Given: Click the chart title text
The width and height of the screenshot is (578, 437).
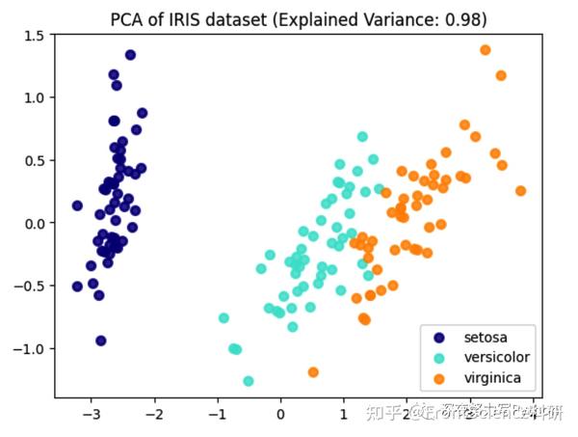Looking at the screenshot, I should click(297, 17).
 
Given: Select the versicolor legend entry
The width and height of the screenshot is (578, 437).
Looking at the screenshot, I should click(496, 357).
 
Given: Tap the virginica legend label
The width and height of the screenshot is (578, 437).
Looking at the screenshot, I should click(492, 375).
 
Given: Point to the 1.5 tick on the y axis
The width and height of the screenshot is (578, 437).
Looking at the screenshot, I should click(34, 36).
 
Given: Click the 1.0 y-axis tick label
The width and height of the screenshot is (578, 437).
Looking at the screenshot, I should click(34, 98).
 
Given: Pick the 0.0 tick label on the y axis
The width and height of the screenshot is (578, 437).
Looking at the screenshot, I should click(34, 224).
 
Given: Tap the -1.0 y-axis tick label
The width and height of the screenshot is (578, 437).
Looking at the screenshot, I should click(30, 349).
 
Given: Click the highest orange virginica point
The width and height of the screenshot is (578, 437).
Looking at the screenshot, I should click(486, 50).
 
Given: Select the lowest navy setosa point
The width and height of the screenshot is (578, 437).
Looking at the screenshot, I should click(100, 341).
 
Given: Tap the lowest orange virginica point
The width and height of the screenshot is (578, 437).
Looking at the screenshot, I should click(313, 371).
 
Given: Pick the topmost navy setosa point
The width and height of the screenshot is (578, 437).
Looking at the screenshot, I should click(130, 55).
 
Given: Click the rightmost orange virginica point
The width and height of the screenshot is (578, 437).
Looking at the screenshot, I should click(520, 191).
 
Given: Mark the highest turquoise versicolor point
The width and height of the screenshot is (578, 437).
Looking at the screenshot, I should click(362, 137).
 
